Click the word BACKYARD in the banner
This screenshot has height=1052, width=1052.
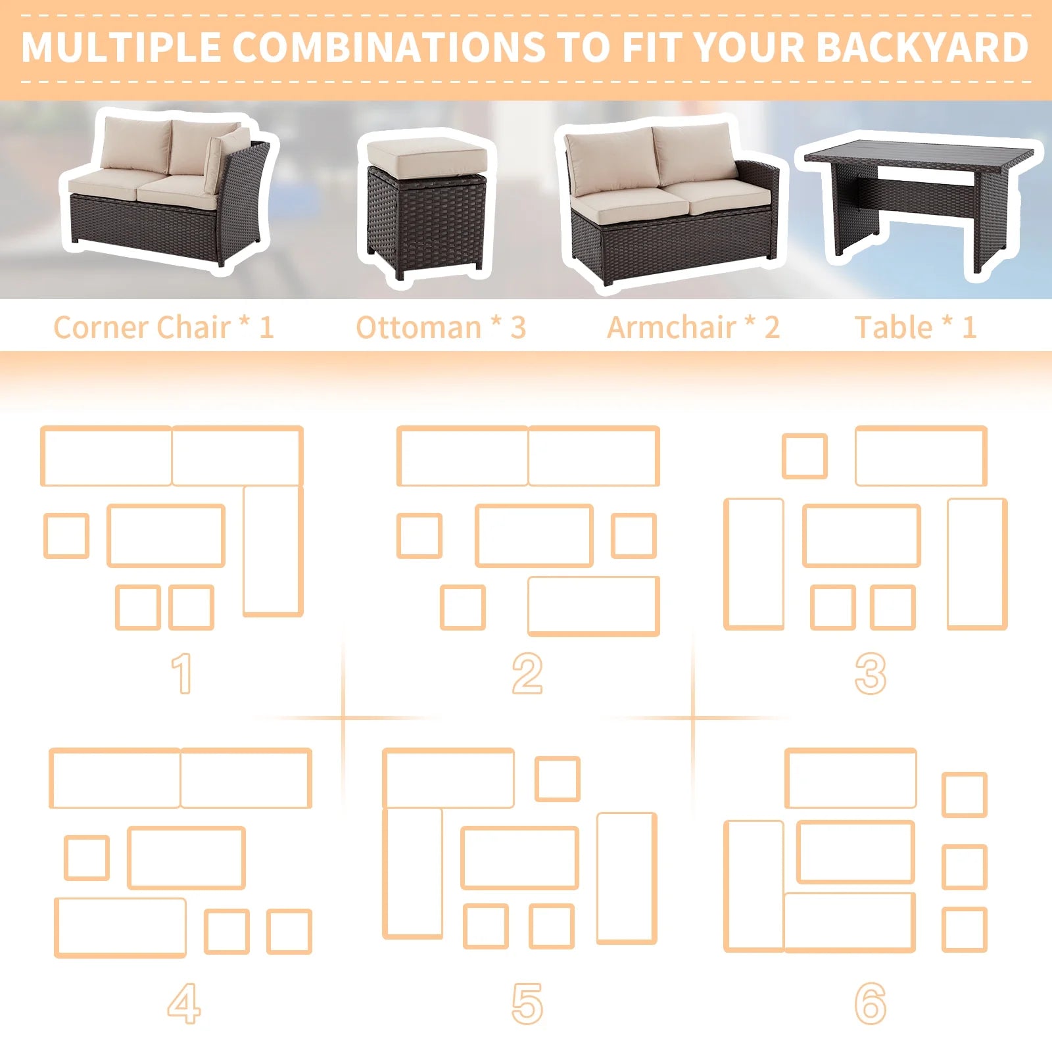pos(923,47)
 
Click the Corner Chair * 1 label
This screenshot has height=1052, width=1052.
pos(163,327)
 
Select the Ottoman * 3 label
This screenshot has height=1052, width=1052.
pos(441,327)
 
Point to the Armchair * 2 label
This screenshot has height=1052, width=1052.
pos(693,327)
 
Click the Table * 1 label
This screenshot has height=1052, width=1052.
pos(915,327)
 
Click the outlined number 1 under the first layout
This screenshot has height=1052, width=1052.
pos(182,673)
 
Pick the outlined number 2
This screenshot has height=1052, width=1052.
pos(527,673)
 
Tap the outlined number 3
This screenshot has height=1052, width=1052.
pos(871,673)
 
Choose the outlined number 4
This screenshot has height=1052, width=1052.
pos(183,1004)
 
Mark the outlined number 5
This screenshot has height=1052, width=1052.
pos(527,1004)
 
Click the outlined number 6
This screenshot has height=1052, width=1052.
pos(871,1004)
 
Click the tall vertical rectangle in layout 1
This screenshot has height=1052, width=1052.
pos(273,551)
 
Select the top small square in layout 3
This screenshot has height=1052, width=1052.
pos(805,456)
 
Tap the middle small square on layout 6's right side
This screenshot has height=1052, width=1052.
pos(965,867)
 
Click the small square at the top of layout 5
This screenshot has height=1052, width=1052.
pos(557,779)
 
